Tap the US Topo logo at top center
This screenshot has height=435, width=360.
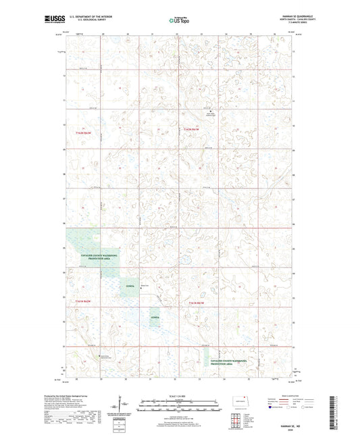point(179,21)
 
